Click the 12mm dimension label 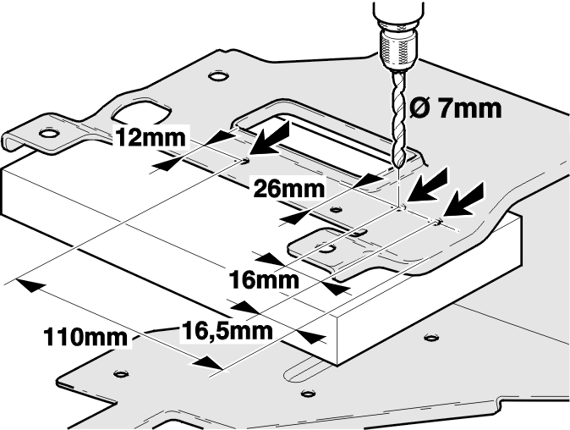pyautogui.click(x=151, y=138)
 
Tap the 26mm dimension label pyautogui.click(x=288, y=189)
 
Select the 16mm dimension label pyautogui.click(x=264, y=280)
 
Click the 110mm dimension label pyautogui.click(x=85, y=337)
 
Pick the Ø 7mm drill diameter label pyautogui.click(x=456, y=108)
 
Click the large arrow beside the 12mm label pyautogui.click(x=270, y=139)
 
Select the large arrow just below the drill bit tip pyautogui.click(x=427, y=184)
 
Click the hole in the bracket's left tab pyautogui.click(x=49, y=133)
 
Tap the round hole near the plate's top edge pyautogui.click(x=218, y=75)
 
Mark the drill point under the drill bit pyautogui.click(x=401, y=209)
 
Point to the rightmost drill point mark pyautogui.click(x=438, y=222)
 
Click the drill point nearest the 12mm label pyautogui.click(x=244, y=160)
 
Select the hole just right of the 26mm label pyautogui.click(x=337, y=209)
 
